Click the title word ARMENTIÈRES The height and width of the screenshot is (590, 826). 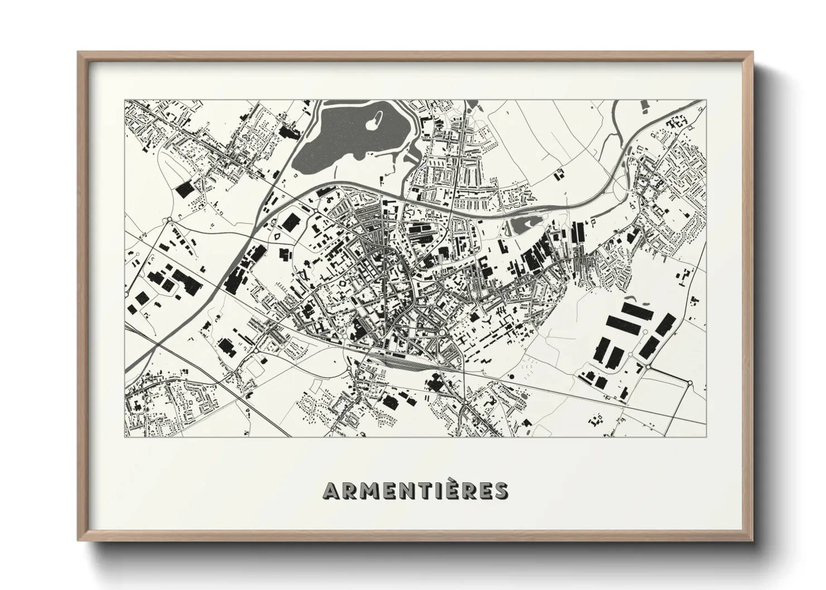click(x=416, y=490)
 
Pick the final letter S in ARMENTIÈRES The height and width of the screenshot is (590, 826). click(x=501, y=491)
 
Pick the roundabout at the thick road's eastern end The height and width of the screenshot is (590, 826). click(x=690, y=383)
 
